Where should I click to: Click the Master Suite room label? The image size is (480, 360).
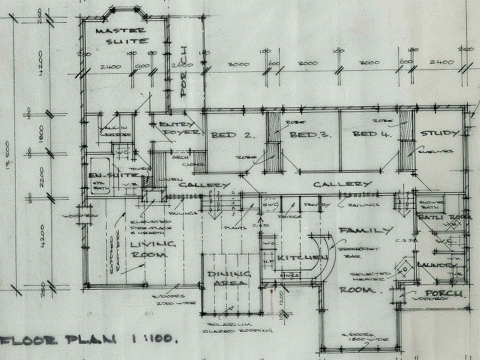[x=122, y=35]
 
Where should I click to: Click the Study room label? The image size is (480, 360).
[x=440, y=133]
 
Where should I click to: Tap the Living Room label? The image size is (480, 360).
[x=152, y=250]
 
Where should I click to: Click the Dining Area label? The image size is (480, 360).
[x=227, y=278]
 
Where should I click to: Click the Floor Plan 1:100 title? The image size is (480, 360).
[x=90, y=340]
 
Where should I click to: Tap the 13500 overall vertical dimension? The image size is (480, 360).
[x=7, y=156]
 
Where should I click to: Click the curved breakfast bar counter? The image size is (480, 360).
[x=323, y=255]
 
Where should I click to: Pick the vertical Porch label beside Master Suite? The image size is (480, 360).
[x=185, y=72]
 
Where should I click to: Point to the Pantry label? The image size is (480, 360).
[x=317, y=205]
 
